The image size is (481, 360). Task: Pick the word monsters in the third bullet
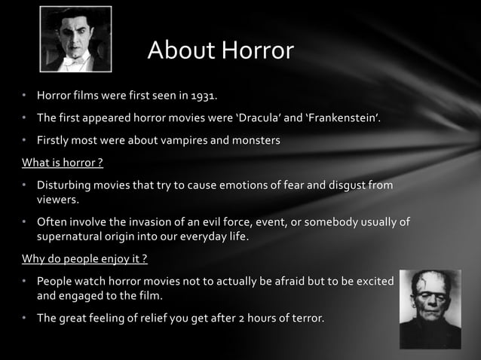tap(254, 140)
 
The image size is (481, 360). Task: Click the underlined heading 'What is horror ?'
tap(63, 162)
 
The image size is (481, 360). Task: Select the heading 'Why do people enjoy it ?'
tap(84, 258)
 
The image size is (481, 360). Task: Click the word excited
tap(372, 281)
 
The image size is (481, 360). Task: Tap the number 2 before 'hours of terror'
tap(239, 318)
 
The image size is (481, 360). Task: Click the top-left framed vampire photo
tap(75, 40)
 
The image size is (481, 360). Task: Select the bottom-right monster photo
tap(430, 309)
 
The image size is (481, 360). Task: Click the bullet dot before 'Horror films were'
tap(25, 96)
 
